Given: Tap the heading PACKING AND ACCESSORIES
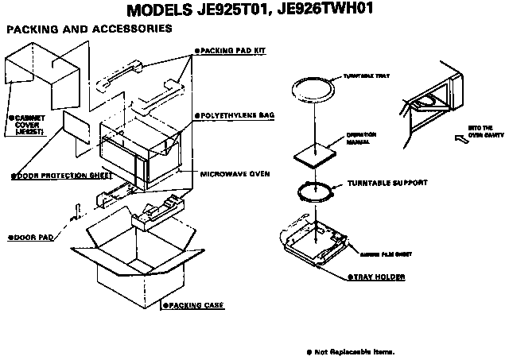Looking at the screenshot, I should pyautogui.click(x=89, y=29).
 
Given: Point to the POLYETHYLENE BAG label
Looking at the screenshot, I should pyautogui.click(x=235, y=115).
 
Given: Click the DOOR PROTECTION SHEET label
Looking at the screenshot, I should pyautogui.click(x=49, y=176).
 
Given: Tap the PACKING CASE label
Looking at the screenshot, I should pyautogui.click(x=192, y=305).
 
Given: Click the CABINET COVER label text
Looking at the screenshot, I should pyautogui.click(x=28, y=125).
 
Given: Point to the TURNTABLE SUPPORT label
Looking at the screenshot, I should pyautogui.click(x=387, y=183).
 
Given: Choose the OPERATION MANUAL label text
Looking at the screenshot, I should pyautogui.click(x=362, y=138).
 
